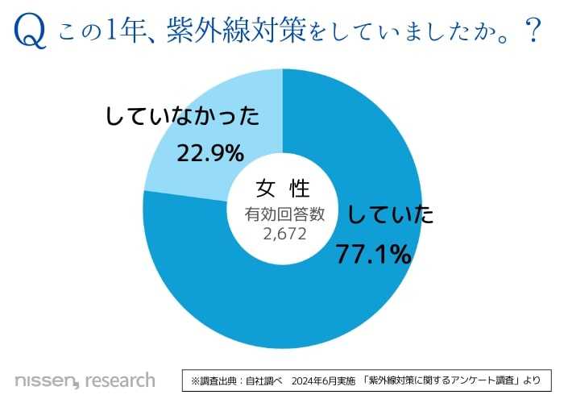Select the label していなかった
click(183, 118)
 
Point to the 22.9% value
click(209, 152)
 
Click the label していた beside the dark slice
click(391, 214)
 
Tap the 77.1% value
click(372, 254)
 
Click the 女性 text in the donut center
click(283, 189)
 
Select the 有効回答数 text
click(283, 214)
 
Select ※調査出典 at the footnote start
click(216, 379)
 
